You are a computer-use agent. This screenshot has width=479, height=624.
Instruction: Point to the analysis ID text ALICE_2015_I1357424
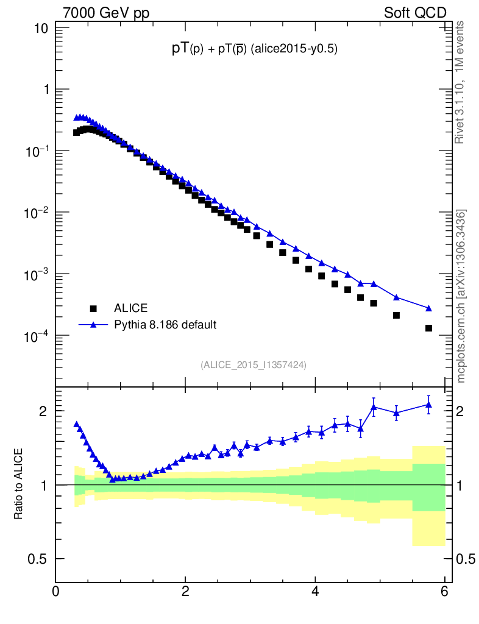(253, 364)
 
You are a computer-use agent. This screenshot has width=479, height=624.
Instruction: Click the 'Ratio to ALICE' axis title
(19, 484)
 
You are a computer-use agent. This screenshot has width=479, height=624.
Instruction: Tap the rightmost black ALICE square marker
(428, 328)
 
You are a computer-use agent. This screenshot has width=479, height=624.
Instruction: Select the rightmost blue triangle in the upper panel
(428, 308)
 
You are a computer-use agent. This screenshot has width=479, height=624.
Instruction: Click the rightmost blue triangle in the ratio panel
(428, 404)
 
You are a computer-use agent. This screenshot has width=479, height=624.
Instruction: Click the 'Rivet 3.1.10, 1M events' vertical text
(461, 82)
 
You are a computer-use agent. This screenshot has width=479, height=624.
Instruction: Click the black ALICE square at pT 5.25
(396, 315)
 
